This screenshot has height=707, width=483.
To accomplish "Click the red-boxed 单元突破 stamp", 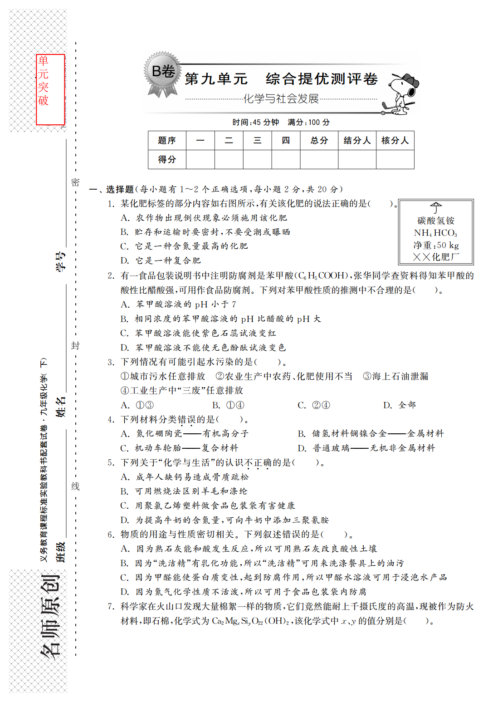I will coord(50,89).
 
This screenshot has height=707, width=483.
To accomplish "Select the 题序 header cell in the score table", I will coord(167,141).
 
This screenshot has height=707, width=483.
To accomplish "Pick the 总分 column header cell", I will coord(319,141).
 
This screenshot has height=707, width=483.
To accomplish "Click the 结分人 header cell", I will coord(357,141).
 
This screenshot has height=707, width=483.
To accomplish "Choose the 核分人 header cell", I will coord(395,141).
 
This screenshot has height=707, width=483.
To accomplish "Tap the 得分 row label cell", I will coord(167,159).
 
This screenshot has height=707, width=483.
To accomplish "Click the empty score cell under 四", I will coord(286,159).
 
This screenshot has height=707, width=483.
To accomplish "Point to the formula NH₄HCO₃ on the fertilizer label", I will coord(435,233).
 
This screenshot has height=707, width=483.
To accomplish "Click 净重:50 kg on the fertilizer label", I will coord(435,245).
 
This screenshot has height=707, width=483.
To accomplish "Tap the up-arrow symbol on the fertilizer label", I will coord(435,208).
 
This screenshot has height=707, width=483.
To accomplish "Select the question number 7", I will coord(111,606).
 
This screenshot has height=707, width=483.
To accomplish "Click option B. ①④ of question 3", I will coord(228,405).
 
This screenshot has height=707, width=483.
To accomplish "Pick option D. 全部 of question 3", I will coord(399,405).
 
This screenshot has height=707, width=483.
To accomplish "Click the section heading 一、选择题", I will coord(112,189).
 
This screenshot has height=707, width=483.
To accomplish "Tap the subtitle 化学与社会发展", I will coord(281,98).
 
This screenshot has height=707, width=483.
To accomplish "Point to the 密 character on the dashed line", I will coord(75,182).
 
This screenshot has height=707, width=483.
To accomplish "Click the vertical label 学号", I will coord(60,261).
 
